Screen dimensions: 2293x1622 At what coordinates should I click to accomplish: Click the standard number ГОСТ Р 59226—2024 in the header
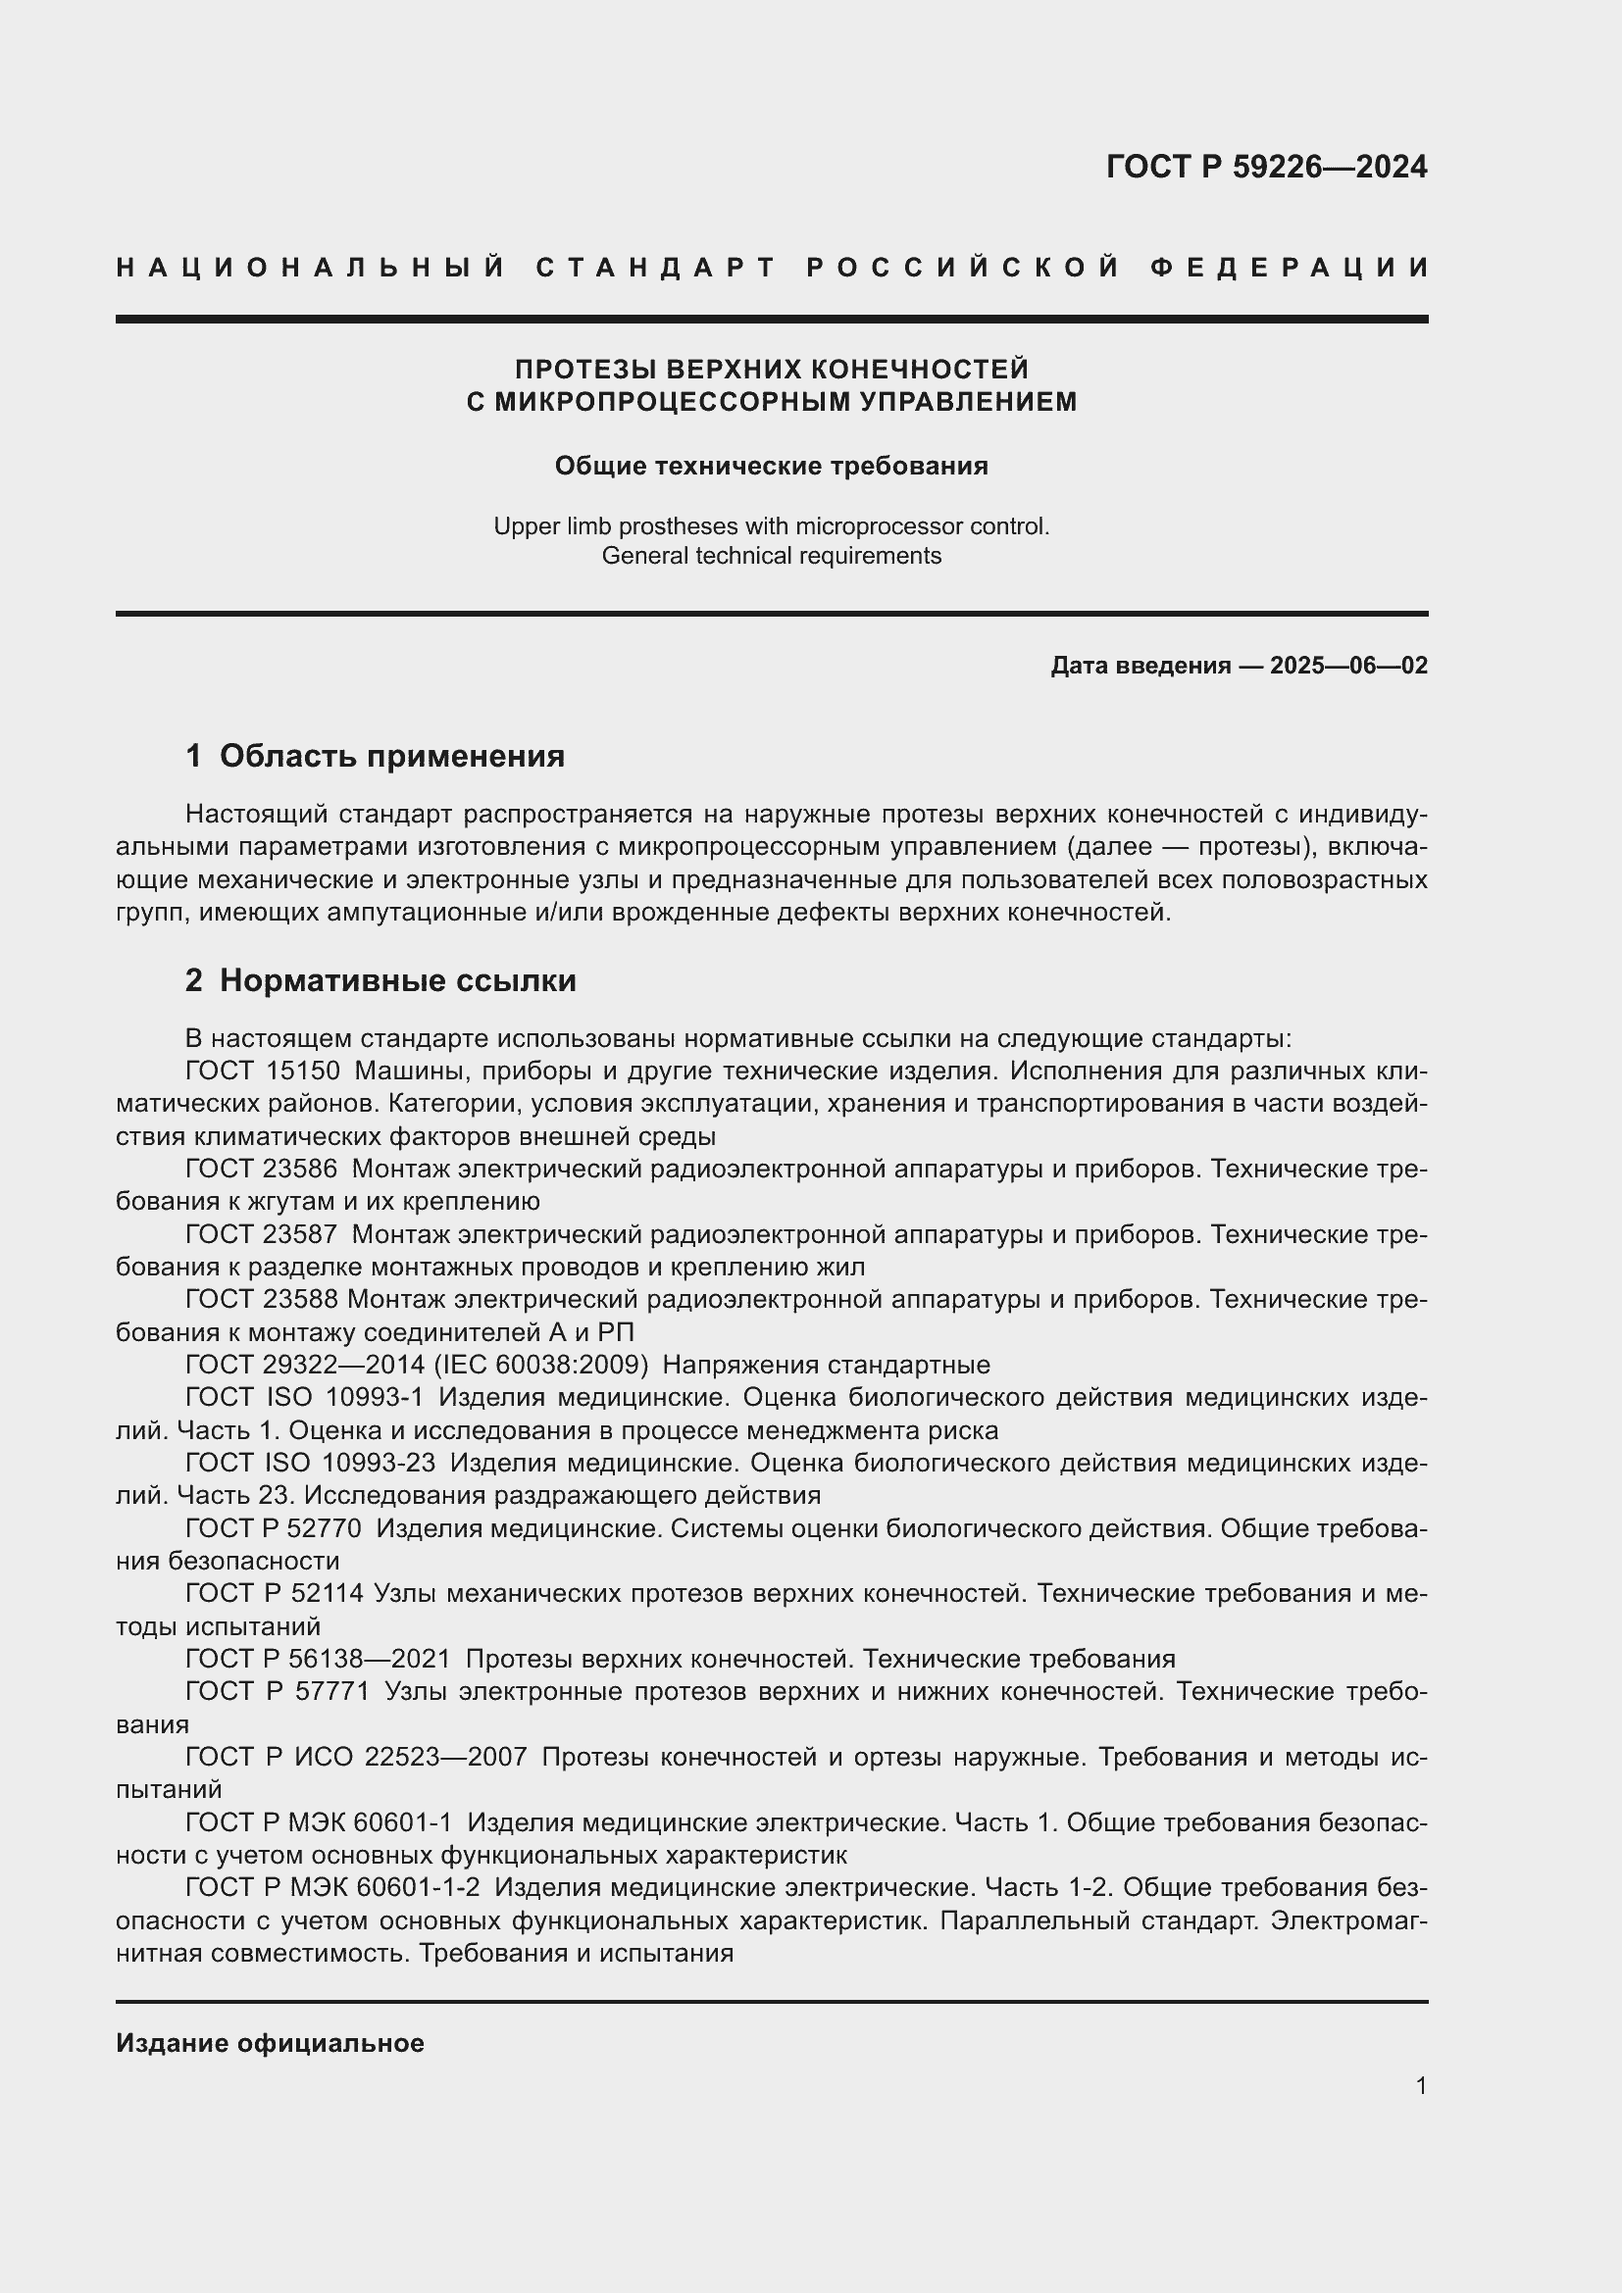point(1265,167)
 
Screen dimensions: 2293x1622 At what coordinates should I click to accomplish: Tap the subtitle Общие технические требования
point(771,467)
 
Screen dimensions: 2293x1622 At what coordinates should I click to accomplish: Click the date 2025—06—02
point(1348,665)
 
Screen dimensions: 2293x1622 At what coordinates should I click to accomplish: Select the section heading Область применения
point(391,756)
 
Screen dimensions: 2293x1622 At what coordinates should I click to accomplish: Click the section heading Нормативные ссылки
point(397,980)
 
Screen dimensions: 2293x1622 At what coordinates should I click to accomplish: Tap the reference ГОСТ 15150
point(263,1072)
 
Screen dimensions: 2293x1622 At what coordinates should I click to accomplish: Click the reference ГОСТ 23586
point(262,1170)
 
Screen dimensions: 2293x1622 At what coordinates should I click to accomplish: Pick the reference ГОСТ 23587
point(262,1235)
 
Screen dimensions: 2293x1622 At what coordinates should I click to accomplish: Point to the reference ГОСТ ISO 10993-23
point(311,1463)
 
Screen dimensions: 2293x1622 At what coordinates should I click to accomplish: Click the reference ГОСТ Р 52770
point(274,1529)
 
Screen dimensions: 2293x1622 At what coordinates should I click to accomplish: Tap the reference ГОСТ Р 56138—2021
point(318,1659)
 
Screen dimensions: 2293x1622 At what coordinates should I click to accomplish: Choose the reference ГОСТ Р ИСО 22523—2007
point(356,1757)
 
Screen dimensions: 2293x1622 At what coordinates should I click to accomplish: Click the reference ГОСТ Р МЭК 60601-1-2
point(332,1887)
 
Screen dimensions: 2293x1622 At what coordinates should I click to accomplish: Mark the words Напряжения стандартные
point(826,1366)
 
